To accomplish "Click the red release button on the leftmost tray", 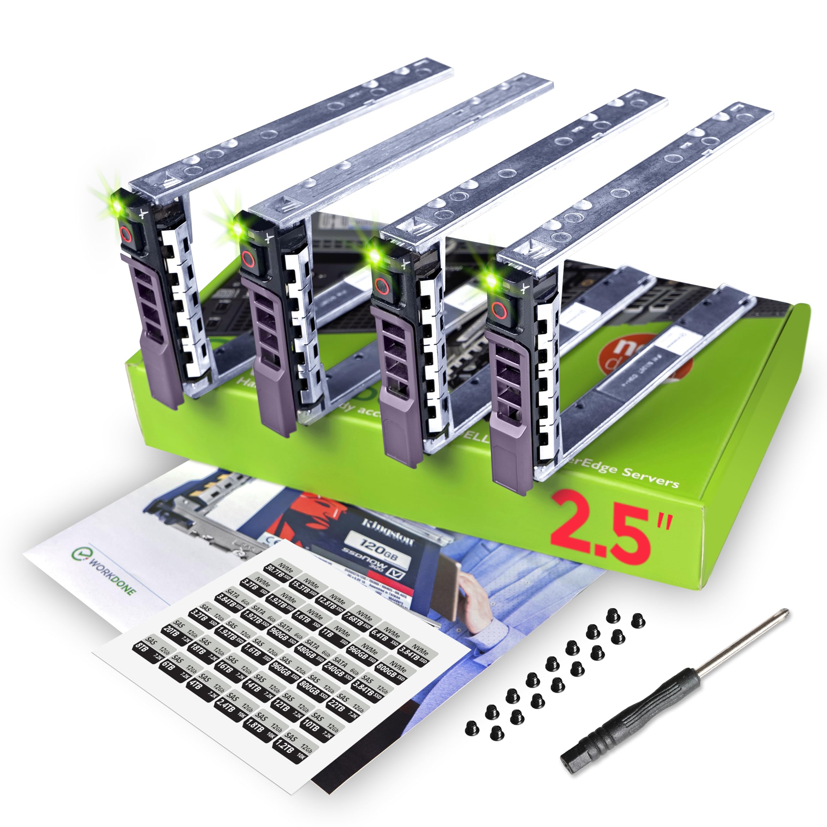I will pyautogui.click(x=125, y=234).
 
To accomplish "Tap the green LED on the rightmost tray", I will pyautogui.click(x=491, y=280).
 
